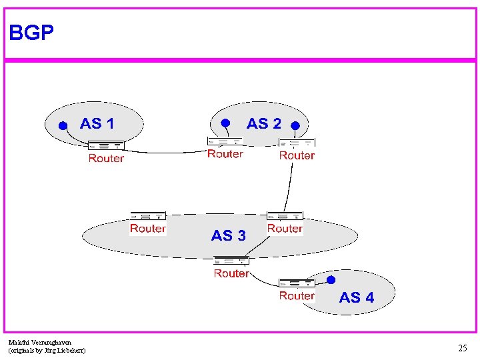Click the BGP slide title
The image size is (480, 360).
point(31,33)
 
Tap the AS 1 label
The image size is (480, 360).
point(97,123)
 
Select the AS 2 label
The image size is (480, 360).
point(263,123)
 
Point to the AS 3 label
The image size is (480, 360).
point(228,235)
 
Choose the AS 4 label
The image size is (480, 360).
point(357,297)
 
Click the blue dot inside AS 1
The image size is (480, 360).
point(62,125)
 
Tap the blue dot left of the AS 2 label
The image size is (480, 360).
point(225,123)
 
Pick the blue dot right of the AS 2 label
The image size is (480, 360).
point(295,125)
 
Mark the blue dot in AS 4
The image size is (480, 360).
point(331,280)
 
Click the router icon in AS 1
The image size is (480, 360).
point(106,145)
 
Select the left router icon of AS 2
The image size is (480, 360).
point(225,141)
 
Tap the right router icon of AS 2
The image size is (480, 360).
point(297,143)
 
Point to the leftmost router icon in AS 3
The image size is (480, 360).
point(147,216)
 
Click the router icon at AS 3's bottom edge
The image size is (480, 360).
point(231,261)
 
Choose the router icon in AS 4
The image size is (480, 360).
point(297,283)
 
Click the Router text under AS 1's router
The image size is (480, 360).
point(106,158)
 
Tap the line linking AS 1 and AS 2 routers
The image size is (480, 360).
point(167,151)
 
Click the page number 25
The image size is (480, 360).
point(462,347)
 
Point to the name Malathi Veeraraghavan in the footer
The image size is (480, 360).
point(40,342)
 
